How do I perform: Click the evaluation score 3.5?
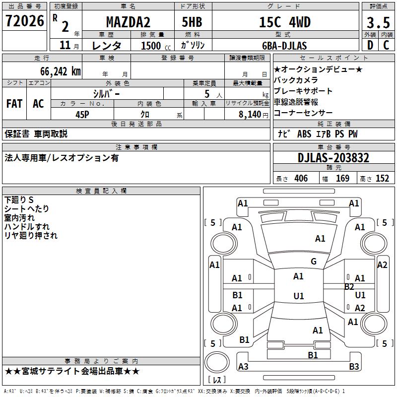point(377,23)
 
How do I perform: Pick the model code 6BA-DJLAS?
point(284,46)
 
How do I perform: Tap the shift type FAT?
point(14,104)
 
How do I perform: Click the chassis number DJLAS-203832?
point(333,158)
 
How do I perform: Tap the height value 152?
point(383,179)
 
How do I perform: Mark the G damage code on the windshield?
point(313,262)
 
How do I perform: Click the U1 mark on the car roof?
point(298,296)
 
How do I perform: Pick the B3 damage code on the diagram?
point(354,367)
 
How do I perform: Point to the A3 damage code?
point(243,367)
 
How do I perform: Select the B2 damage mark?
point(349,286)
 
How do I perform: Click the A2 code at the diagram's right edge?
point(382,265)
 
